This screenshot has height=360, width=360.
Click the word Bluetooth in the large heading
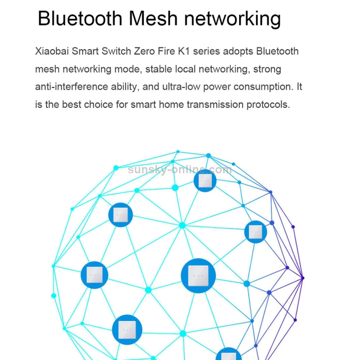pyautogui.click(x=80, y=19)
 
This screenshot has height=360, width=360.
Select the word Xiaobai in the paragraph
pyautogui.click(x=52, y=51)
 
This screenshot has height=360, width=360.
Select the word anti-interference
pyautogui.click(x=72, y=87)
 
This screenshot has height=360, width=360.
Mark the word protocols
pyautogui.click(x=268, y=105)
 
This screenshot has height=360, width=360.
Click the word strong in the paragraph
pyautogui.click(x=267, y=69)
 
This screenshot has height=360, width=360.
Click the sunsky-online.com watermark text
pyautogui.click(x=180, y=169)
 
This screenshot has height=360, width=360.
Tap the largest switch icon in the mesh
pyautogui.click(x=198, y=276)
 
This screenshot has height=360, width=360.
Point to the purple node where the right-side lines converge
pyautogui.click(x=302, y=277)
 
